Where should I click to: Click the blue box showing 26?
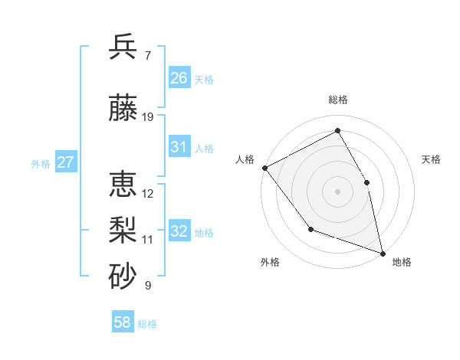(179, 78)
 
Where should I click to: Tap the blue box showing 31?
(179, 147)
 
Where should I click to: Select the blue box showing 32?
(179, 231)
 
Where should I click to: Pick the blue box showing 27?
(65, 162)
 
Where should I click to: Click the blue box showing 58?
(123, 322)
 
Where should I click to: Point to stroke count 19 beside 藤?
(148, 117)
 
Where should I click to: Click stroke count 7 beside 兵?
(148, 55)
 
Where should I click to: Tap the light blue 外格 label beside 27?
(41, 163)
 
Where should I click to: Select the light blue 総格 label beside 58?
(147, 324)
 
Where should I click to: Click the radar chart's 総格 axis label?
(338, 100)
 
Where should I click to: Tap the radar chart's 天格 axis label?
(432, 159)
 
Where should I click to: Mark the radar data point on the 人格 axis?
(264, 168)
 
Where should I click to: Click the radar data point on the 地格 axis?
(382, 252)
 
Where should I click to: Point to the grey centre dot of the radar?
(337, 191)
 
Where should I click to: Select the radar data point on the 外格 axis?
(310, 228)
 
